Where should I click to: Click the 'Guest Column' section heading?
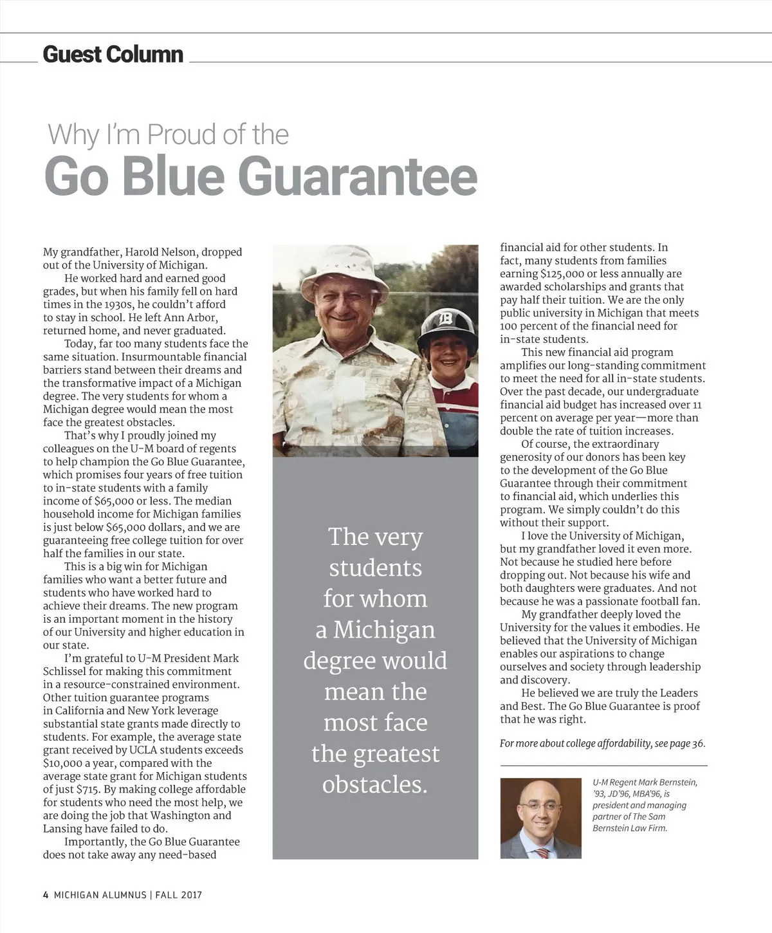(113, 54)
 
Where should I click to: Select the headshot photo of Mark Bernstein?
(540, 818)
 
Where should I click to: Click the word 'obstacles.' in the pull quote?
(375, 784)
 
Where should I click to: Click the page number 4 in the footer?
(46, 894)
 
